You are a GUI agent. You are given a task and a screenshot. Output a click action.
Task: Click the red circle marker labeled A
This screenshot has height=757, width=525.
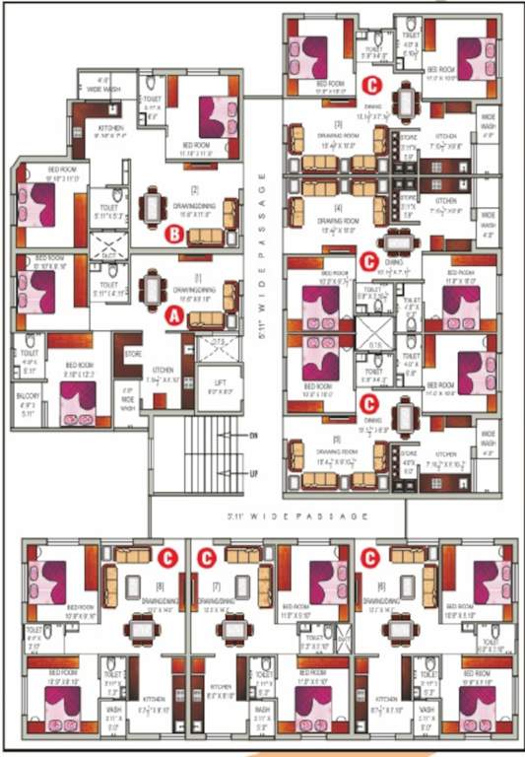pyautogui.click(x=172, y=315)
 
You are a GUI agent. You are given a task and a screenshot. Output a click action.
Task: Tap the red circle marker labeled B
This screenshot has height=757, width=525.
pyautogui.click(x=172, y=234)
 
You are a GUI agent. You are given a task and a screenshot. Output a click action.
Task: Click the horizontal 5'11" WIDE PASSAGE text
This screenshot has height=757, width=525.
pyautogui.click(x=262, y=514)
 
